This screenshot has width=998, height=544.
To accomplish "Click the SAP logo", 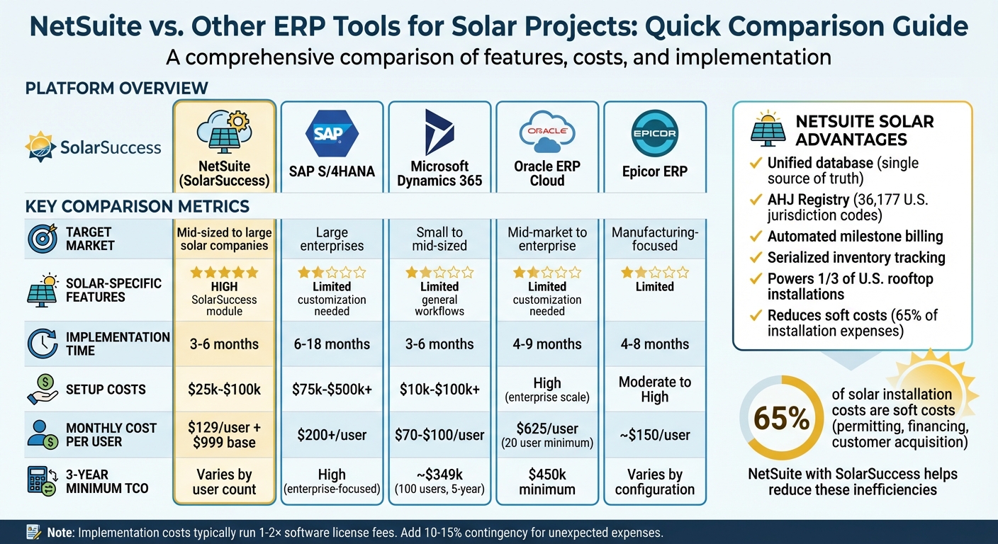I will point(332,133).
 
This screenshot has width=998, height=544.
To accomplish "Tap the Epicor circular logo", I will point(654,132).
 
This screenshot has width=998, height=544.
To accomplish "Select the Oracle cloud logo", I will point(546,132).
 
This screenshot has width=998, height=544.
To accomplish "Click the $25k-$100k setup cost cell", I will point(225,389).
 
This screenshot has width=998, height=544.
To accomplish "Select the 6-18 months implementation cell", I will point(332,344).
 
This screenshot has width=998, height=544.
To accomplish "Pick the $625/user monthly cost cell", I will point(546,434).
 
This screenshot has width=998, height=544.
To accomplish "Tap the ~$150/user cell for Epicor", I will point(654,435).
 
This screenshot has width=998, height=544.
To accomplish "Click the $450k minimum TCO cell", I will point(546,482).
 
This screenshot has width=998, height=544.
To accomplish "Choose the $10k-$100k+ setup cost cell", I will point(439,389).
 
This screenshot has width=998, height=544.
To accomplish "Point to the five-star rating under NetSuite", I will point(225,272).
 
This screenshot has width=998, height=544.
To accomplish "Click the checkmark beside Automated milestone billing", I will point(756,237).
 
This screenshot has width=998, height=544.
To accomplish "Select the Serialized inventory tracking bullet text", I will point(856,257).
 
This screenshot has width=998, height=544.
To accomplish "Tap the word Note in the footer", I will point(60,532).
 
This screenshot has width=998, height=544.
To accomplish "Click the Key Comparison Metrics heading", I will point(137,207).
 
